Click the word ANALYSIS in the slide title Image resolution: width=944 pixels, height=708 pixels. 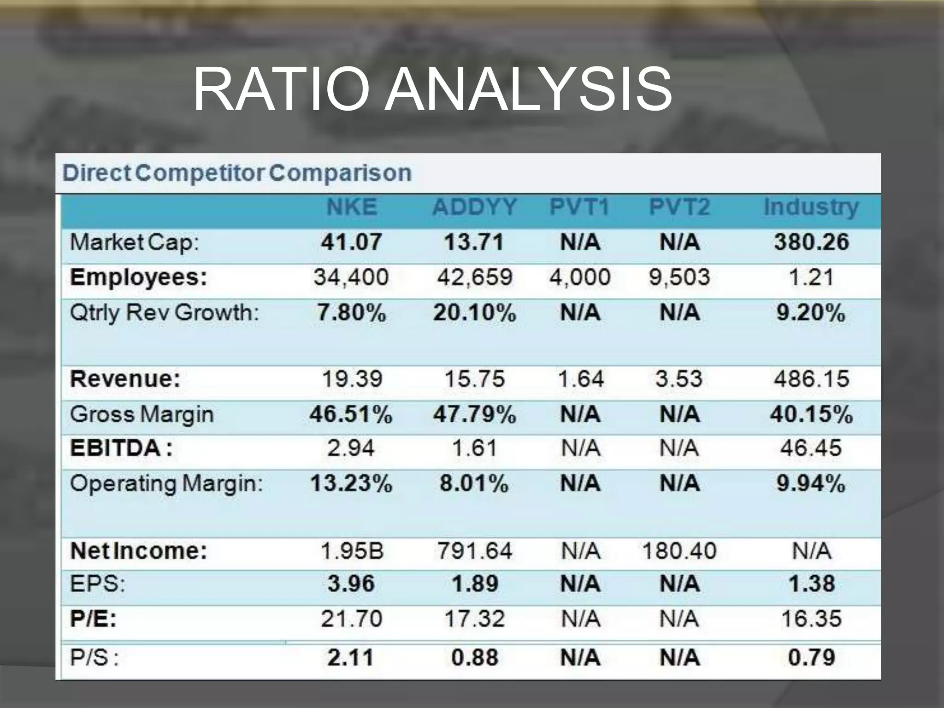tap(528, 90)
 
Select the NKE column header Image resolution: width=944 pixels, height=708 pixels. tap(352, 207)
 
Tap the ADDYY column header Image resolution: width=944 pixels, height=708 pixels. tap(474, 207)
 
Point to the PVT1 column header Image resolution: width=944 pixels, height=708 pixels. tap(580, 207)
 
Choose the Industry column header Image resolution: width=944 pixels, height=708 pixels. tap(811, 207)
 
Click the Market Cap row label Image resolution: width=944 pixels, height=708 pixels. tap(134, 242)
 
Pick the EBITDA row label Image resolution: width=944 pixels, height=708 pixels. tap(121, 448)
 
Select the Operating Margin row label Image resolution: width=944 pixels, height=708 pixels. tap(166, 484)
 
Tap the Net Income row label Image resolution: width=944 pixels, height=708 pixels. tap(139, 551)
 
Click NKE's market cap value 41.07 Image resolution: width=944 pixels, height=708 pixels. tap(352, 242)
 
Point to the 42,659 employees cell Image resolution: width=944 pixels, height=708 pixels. tap(474, 277)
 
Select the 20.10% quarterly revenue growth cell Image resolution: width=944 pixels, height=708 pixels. tap(474, 313)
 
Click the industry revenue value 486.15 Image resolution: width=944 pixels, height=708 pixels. tap(811, 379)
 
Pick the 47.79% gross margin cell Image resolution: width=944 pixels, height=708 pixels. tap(474, 414)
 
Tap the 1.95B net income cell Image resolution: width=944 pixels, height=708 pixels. tap(352, 551)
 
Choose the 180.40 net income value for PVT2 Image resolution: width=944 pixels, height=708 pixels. tap(679, 551)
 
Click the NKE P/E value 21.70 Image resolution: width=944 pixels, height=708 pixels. tap(352, 619)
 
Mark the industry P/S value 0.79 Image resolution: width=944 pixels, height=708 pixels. tap(811, 657)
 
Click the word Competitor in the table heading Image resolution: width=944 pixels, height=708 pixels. tap(200, 173)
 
